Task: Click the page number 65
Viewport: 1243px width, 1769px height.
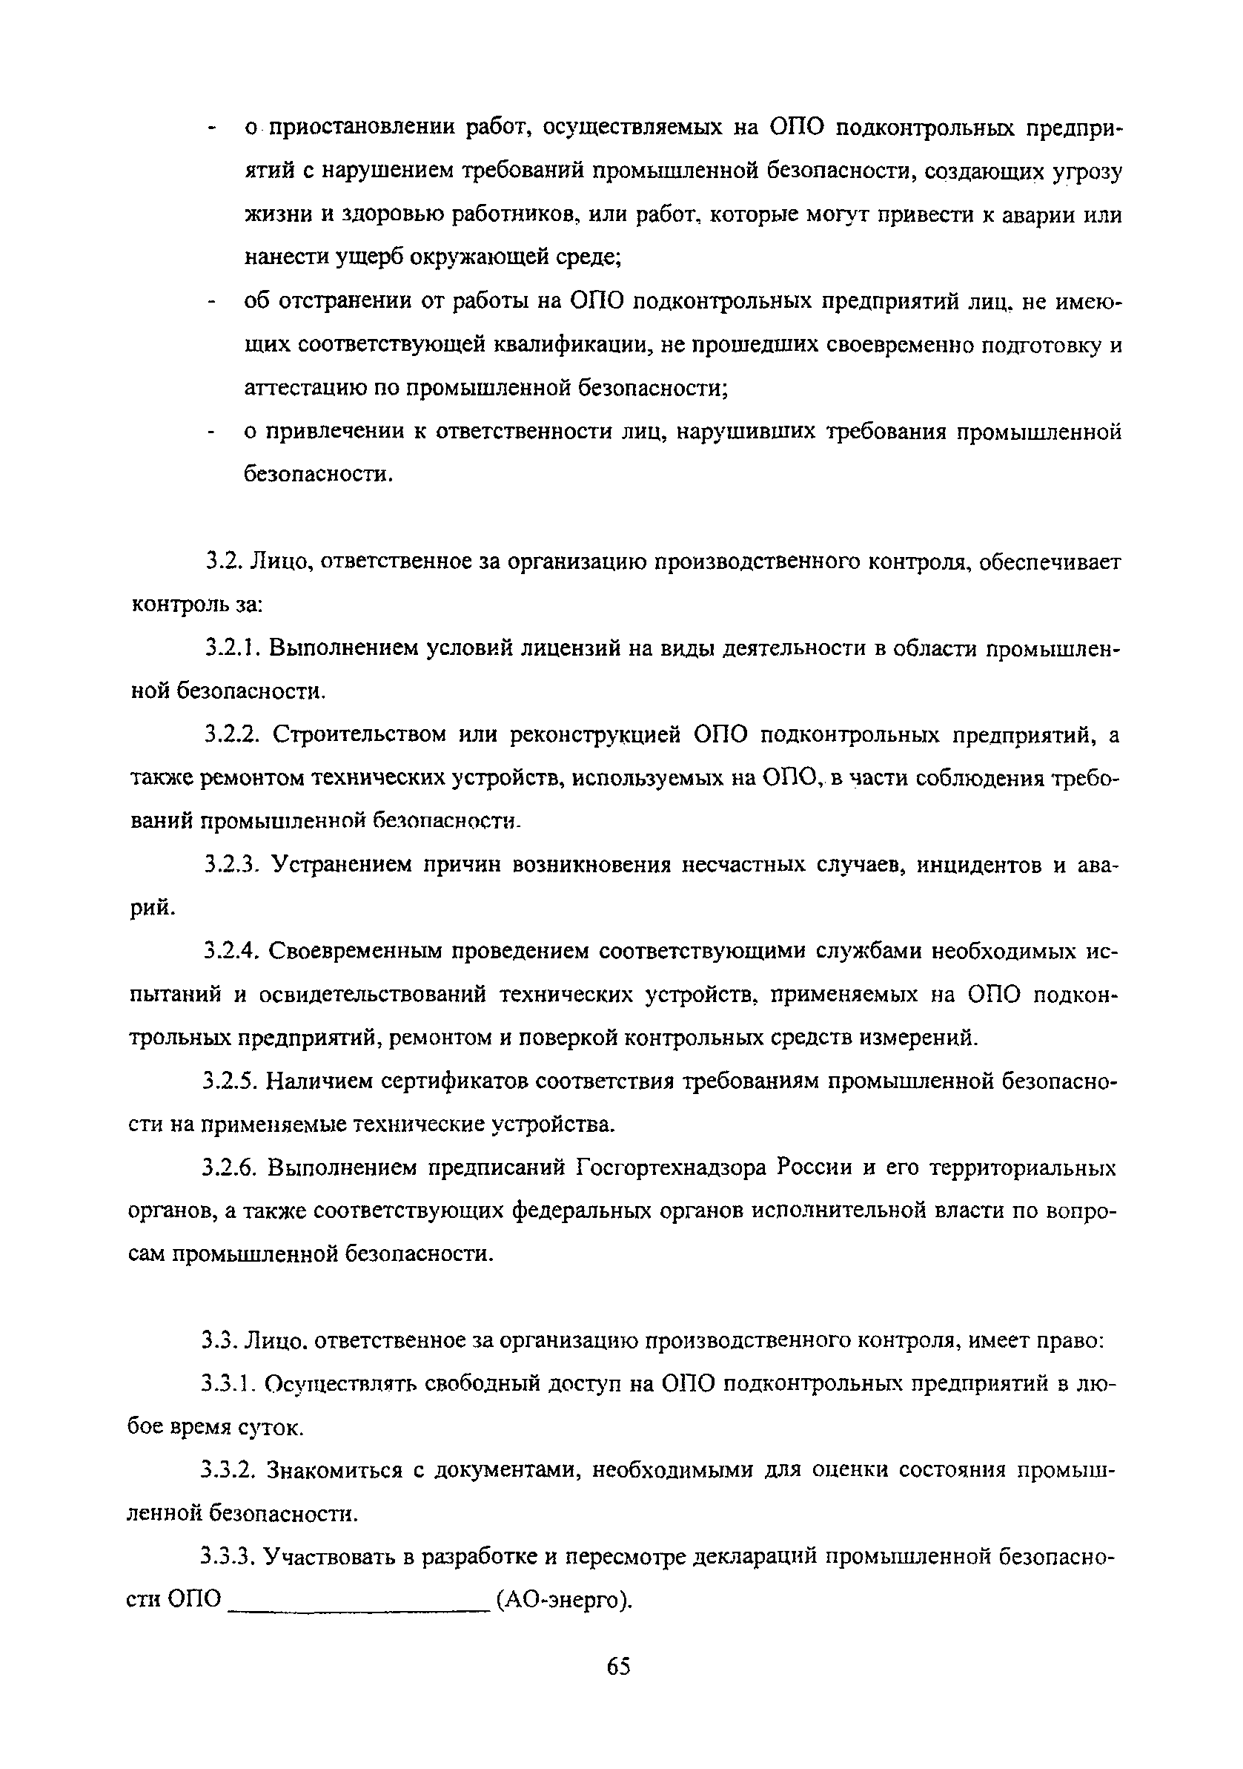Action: coord(618,1666)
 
